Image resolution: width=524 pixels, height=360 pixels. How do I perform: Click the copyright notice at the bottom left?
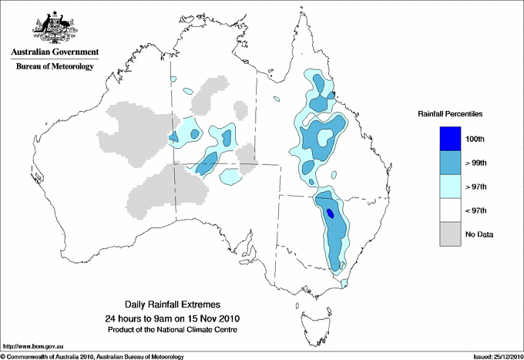92,356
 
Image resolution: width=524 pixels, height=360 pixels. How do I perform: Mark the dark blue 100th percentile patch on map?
331,213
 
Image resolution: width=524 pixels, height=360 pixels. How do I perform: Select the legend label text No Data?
479,234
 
